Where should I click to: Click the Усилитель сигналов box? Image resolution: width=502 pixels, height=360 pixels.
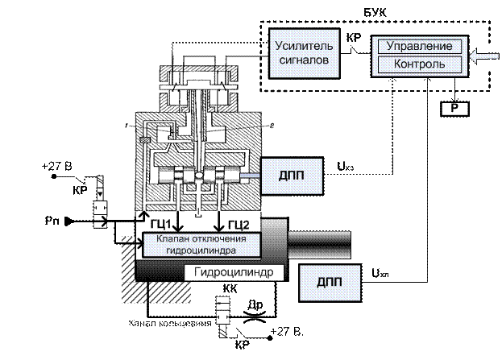coord(299,51)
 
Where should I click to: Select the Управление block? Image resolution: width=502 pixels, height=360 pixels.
coord(421,47)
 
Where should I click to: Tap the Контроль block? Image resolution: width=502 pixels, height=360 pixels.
coord(421,63)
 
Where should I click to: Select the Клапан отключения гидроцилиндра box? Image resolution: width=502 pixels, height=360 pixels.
coord(201,244)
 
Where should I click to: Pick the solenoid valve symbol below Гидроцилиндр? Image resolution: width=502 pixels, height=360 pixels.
coord(226,310)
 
